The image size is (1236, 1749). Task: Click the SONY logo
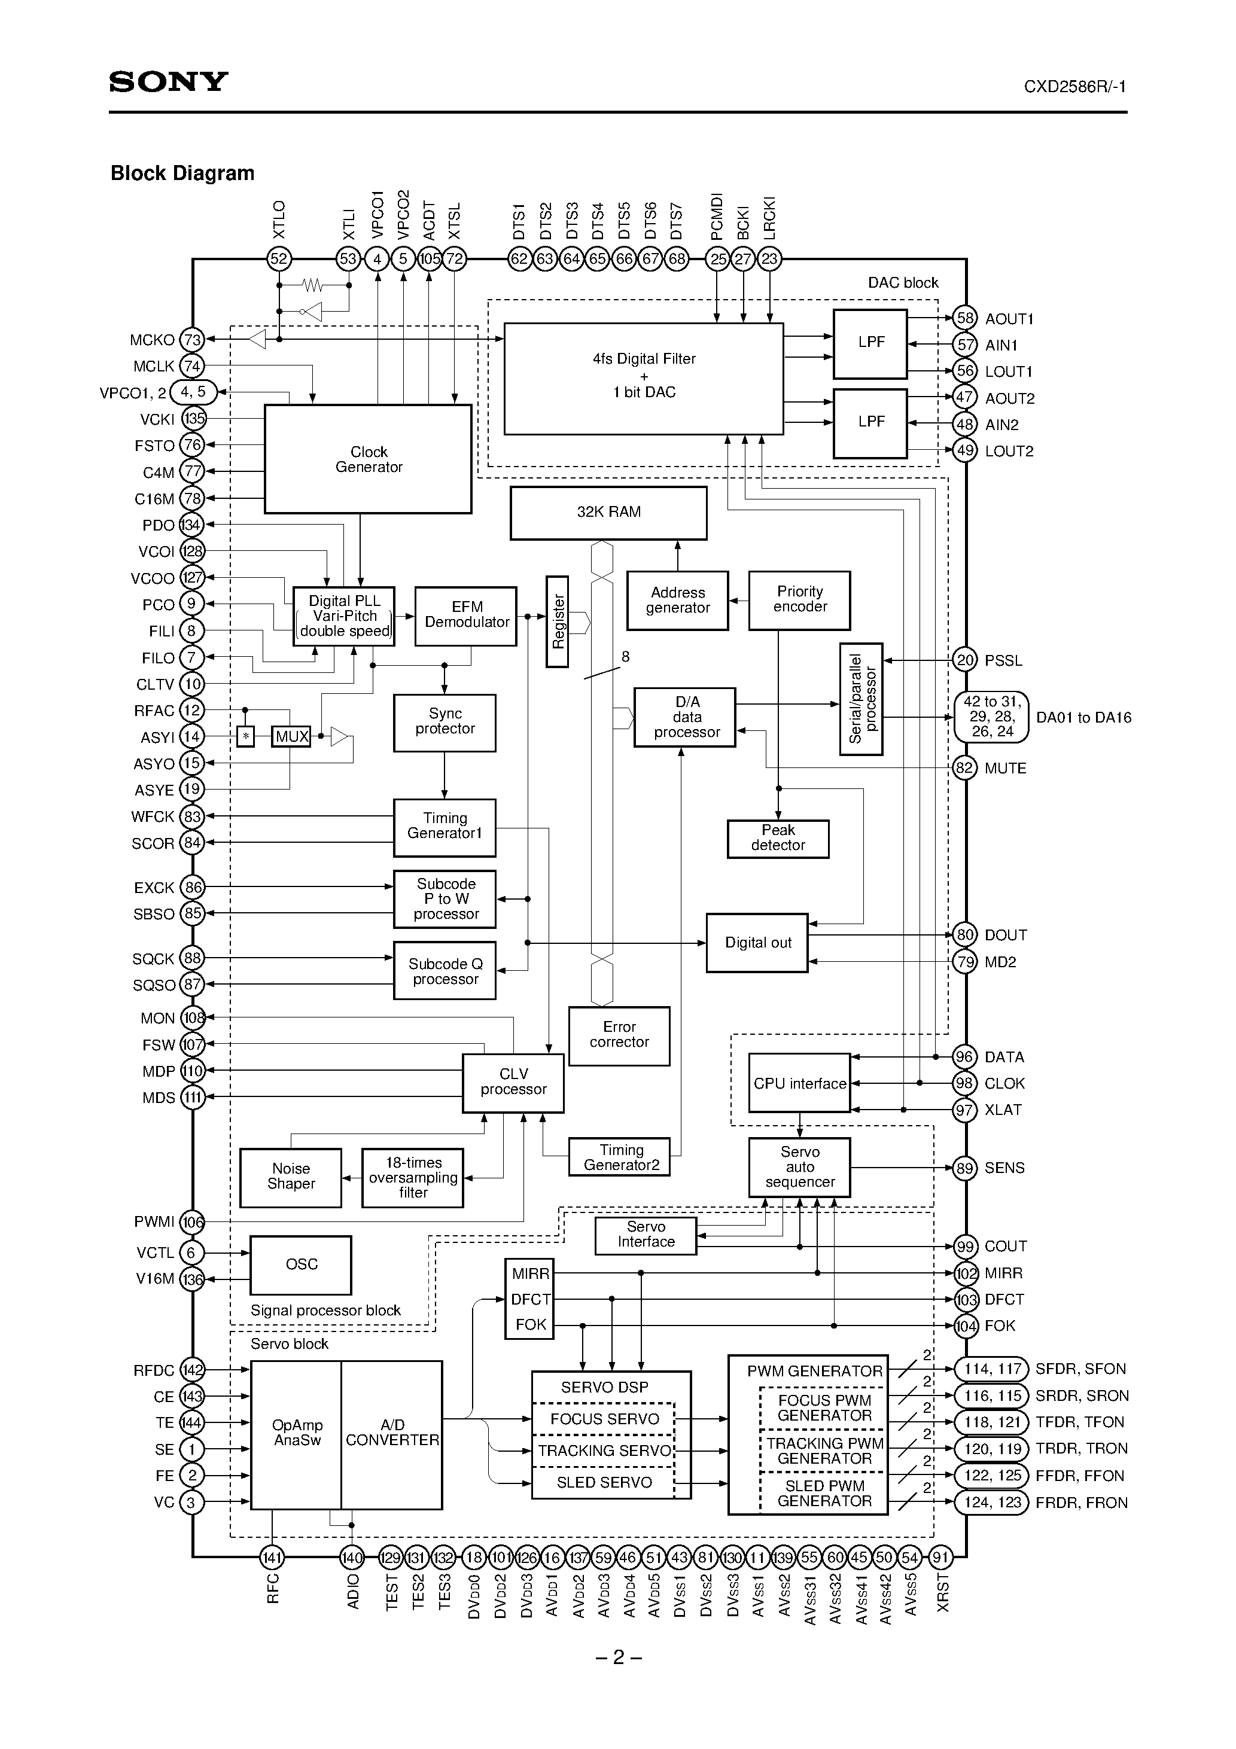pyautogui.click(x=168, y=81)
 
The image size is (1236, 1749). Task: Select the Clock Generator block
pyautogui.click(x=368, y=459)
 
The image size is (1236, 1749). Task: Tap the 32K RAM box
pyautogui.click(x=608, y=513)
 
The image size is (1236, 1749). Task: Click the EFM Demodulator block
pyautogui.click(x=465, y=615)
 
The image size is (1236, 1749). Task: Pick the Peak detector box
pyautogui.click(x=777, y=839)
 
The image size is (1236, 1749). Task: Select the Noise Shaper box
pyautogui.click(x=290, y=1177)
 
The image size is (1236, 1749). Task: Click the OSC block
pyautogui.click(x=301, y=1264)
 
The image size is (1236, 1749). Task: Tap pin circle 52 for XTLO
pyautogui.click(x=279, y=259)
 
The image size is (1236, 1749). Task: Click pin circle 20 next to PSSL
pyautogui.click(x=965, y=660)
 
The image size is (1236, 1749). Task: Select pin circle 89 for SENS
pyautogui.click(x=965, y=1168)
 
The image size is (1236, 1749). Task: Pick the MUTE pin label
pyautogui.click(x=1005, y=769)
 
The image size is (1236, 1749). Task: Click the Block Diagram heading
pyautogui.click(x=182, y=173)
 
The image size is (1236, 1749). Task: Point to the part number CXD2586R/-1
pyautogui.click(x=1074, y=87)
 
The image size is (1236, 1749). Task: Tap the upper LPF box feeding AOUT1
pyautogui.click(x=870, y=343)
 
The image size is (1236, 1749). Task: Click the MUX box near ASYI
pyautogui.click(x=291, y=736)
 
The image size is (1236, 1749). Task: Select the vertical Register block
pyautogui.click(x=557, y=621)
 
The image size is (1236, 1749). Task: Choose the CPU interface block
pyautogui.click(x=799, y=1083)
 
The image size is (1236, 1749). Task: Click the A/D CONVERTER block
pyautogui.click(x=392, y=1433)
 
